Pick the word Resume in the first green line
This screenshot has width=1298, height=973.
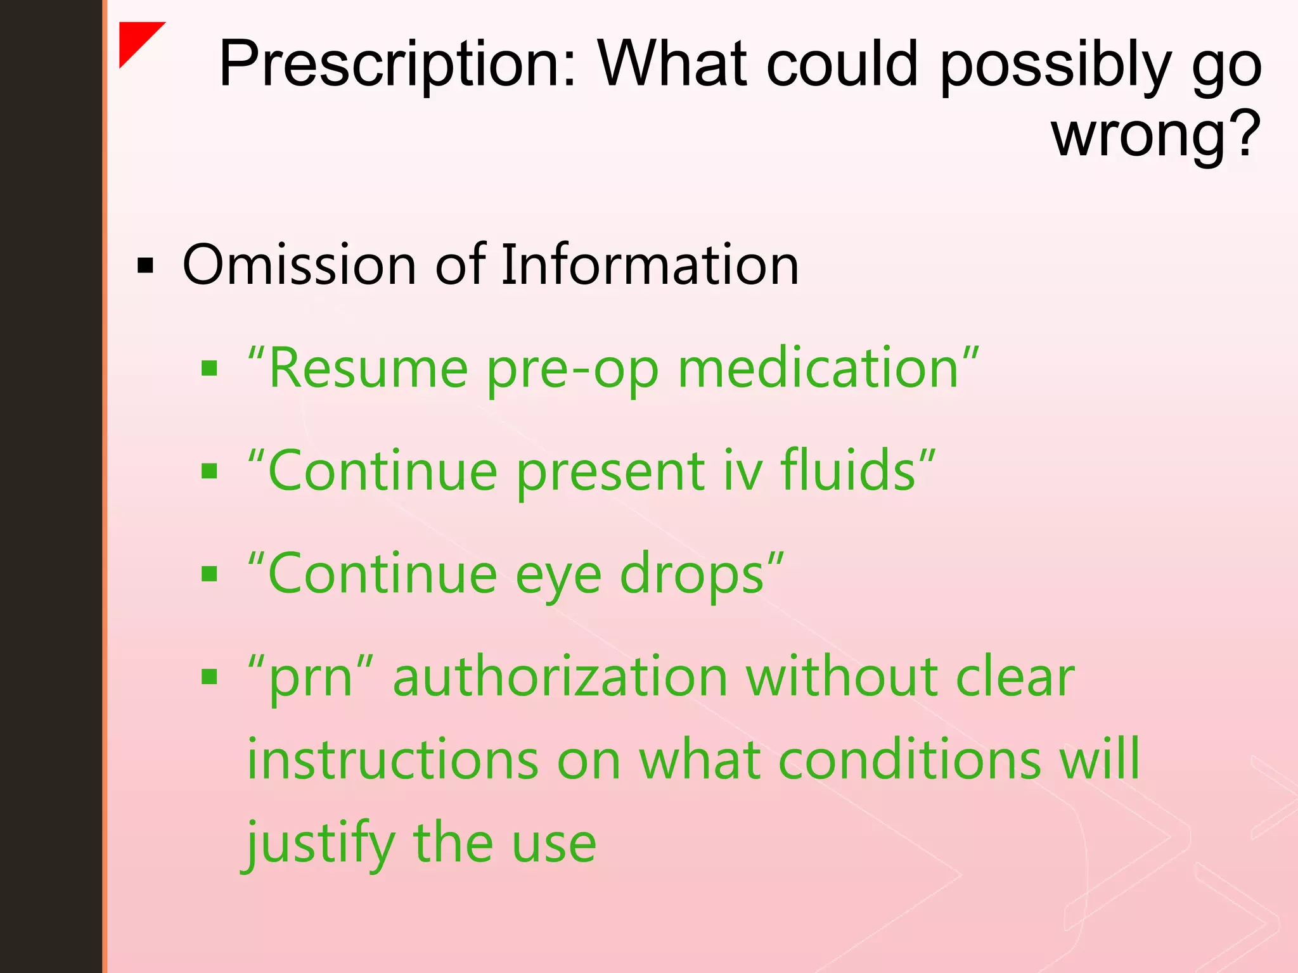368,369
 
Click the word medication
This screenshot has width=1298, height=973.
818,369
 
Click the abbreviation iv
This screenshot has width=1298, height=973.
742,471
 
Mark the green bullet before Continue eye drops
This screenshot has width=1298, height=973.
209,575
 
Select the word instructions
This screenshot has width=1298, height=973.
393,760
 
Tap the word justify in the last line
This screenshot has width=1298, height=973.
320,844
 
